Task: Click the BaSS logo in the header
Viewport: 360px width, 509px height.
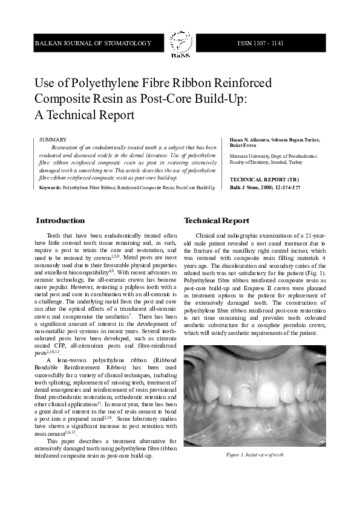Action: point(179,44)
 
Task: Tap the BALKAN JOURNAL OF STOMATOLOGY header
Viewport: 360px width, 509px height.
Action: point(93,44)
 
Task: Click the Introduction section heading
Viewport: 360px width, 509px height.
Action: point(61,221)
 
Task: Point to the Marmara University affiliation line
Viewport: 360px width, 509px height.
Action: point(272,157)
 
